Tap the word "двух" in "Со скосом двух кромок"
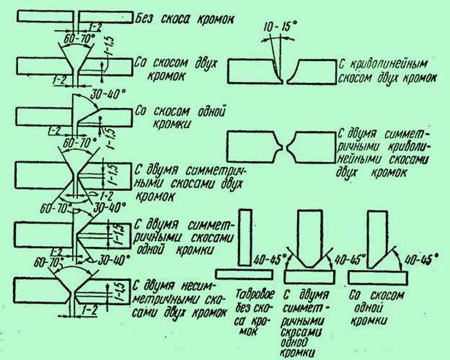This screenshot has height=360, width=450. pos(206,63)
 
